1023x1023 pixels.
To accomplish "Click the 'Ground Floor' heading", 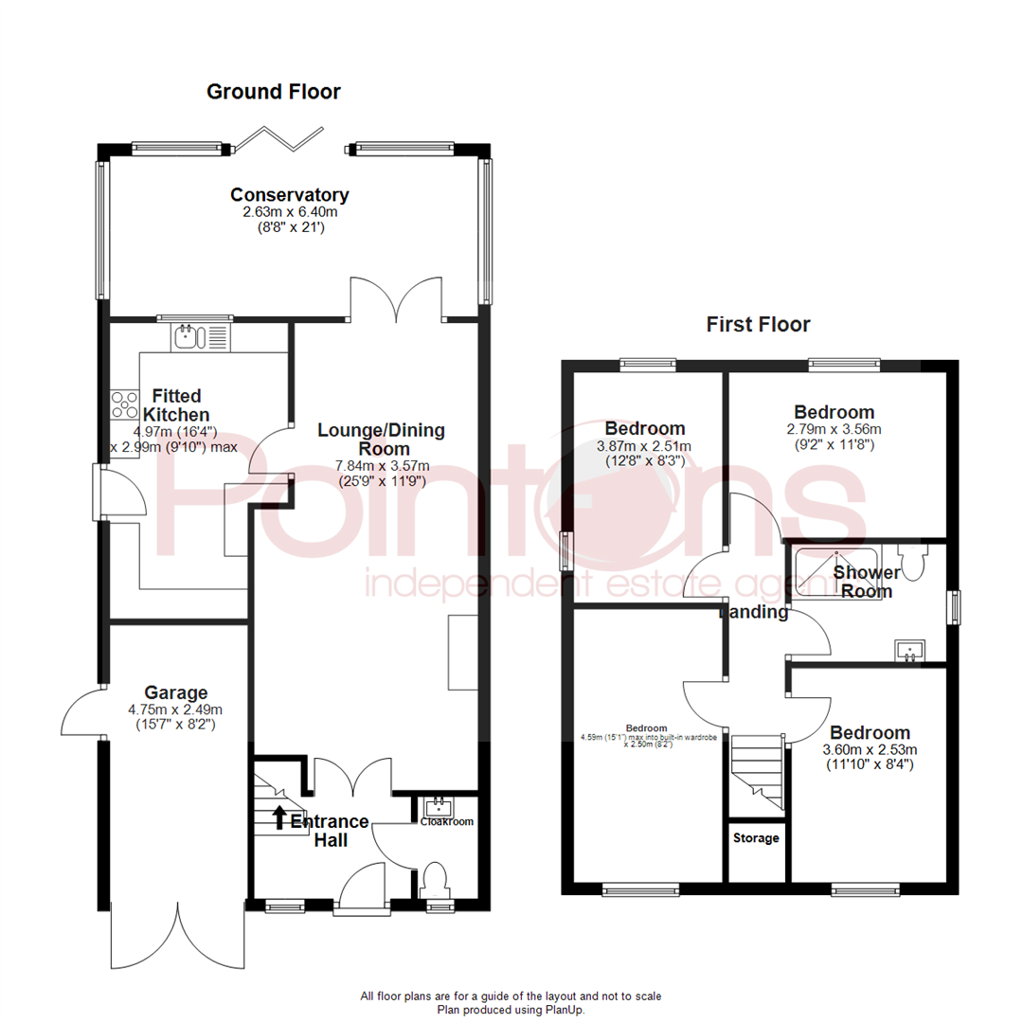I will (273, 92).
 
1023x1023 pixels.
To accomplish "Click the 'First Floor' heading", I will (758, 325).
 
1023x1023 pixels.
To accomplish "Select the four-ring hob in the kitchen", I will (124, 405).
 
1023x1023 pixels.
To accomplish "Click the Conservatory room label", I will (290, 195).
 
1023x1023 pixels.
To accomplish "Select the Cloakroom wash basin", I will (438, 808).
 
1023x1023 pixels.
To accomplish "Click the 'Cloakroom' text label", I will (446, 822).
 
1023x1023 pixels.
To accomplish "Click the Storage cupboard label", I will (756, 838).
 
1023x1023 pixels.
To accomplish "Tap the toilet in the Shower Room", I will (913, 563).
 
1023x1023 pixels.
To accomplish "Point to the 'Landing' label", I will (754, 612).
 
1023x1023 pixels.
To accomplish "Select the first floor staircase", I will (758, 772).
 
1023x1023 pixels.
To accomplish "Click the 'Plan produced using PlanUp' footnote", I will (511, 1010).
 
